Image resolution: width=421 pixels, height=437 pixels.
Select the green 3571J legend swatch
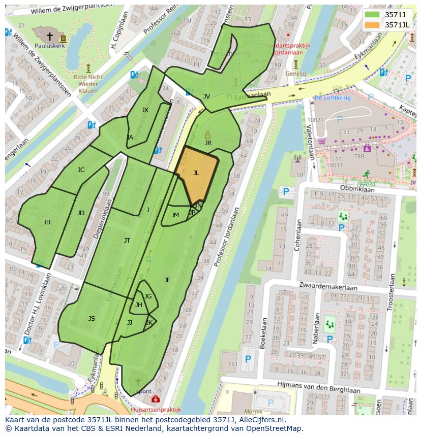point(373,15)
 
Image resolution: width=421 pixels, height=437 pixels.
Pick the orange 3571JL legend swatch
point(373,25)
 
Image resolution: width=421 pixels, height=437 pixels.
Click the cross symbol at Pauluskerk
point(50,36)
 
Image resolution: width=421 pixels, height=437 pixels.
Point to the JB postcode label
point(47,222)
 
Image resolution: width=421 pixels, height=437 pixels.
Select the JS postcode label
point(92,319)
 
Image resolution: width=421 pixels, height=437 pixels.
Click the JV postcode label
point(206,96)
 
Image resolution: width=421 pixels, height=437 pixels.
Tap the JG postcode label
point(147,296)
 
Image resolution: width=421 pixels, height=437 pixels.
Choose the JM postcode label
point(175,215)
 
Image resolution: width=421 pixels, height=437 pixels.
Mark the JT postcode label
point(127,241)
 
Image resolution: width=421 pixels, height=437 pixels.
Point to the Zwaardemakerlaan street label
point(328,287)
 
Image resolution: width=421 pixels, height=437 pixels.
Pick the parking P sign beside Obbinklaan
point(286,192)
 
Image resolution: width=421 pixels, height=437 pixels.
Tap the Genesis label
point(296,74)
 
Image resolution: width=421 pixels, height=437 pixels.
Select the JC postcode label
point(81,170)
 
